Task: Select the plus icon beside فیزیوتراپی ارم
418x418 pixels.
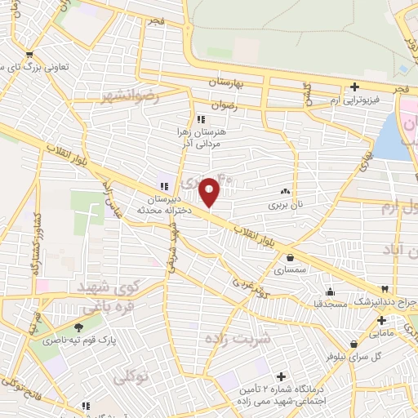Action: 354,87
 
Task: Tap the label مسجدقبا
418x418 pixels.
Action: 329,304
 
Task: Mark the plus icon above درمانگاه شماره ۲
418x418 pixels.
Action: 282,376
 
